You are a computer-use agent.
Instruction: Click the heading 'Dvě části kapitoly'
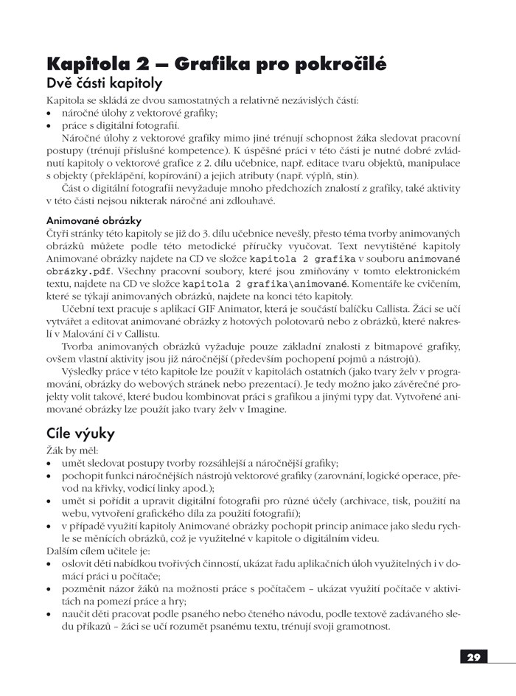104,83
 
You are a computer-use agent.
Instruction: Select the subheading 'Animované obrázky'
94,220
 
